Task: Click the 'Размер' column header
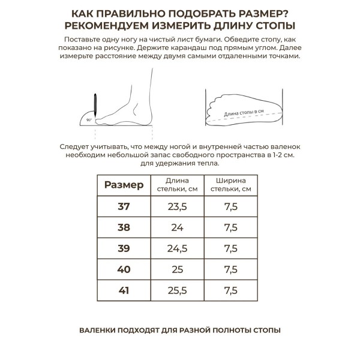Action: click(124, 185)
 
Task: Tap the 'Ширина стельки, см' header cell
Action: click(230, 185)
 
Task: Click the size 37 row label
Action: click(124, 206)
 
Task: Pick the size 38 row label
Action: click(124, 227)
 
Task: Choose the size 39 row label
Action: click(124, 248)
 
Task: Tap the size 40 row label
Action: click(124, 269)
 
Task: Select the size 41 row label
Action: click(124, 290)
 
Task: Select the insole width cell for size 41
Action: click(230, 290)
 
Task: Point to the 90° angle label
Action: click(89, 120)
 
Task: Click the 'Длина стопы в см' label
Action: click(243, 112)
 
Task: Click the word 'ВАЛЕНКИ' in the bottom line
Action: click(97, 330)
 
